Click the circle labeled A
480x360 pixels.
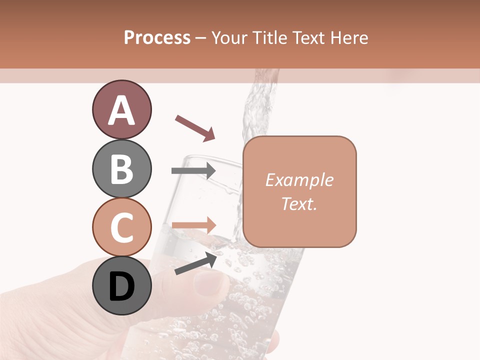coord(121,110)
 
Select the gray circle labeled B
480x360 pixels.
coord(121,168)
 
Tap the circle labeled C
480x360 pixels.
coord(121,227)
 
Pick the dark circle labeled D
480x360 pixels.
coord(121,285)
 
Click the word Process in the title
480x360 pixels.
coord(157,38)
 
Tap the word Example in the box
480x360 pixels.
coord(299,180)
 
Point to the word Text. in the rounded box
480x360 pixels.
coord(299,203)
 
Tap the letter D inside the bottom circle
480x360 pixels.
coord(121,286)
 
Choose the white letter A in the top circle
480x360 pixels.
coord(121,110)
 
